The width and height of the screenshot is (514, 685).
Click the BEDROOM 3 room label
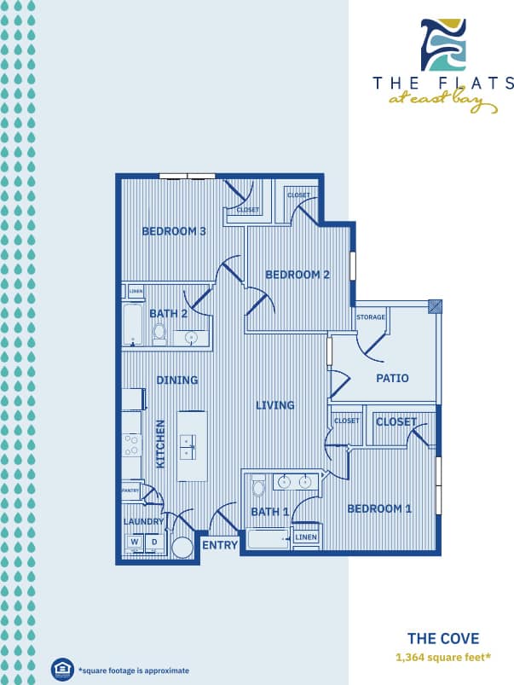point(174,231)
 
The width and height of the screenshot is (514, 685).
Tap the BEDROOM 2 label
point(297,275)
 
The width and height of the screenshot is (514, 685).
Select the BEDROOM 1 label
point(379,508)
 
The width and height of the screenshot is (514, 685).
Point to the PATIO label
point(392,378)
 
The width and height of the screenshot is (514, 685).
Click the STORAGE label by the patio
point(371,317)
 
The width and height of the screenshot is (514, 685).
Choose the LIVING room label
point(275,405)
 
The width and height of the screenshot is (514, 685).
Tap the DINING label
point(177,380)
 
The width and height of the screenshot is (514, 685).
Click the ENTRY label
point(220,545)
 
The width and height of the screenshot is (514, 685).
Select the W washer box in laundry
point(135,541)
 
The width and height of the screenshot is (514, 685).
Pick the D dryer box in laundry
point(154,541)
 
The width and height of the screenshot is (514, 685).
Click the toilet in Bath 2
point(159,334)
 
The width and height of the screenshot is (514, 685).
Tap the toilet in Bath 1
point(259,489)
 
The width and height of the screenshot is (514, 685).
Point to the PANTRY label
point(130,491)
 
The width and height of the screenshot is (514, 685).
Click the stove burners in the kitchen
point(132,444)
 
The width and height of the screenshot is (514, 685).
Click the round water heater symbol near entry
point(182,548)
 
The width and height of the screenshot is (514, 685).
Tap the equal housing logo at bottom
point(61,668)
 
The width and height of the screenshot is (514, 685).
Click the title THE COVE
point(442,638)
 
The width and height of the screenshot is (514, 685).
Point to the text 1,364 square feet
point(442,657)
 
